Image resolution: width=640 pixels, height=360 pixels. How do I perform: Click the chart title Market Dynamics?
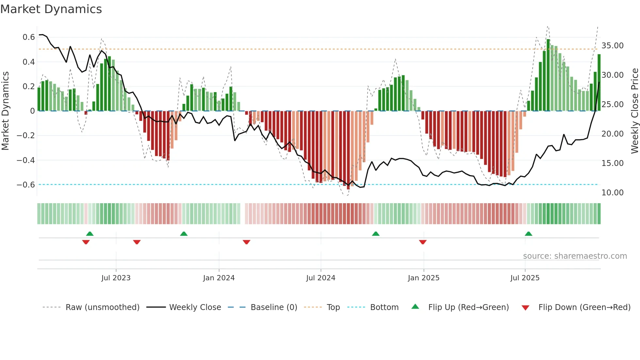(51, 9)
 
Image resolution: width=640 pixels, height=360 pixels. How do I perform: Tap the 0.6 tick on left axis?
(29, 37)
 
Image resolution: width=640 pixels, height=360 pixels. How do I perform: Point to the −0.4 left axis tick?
(26, 160)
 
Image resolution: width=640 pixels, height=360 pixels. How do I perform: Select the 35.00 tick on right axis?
(612, 46)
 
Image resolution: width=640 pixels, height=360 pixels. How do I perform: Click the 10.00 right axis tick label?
(612, 193)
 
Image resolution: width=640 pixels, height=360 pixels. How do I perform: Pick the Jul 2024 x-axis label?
(321, 278)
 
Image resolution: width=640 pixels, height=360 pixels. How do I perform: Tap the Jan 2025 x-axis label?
(424, 278)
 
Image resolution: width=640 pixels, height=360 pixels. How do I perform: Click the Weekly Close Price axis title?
(634, 111)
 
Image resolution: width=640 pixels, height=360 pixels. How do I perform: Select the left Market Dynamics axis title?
(5, 111)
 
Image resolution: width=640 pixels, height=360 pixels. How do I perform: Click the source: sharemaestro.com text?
(575, 256)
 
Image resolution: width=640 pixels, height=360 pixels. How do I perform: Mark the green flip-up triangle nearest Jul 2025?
(528, 234)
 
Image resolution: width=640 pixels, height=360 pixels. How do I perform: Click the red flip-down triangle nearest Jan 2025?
(423, 242)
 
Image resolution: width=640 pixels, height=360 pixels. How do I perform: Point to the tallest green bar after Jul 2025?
(548, 75)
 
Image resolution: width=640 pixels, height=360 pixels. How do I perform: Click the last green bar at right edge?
(599, 83)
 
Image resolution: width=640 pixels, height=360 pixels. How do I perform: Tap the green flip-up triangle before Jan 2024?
(184, 234)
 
